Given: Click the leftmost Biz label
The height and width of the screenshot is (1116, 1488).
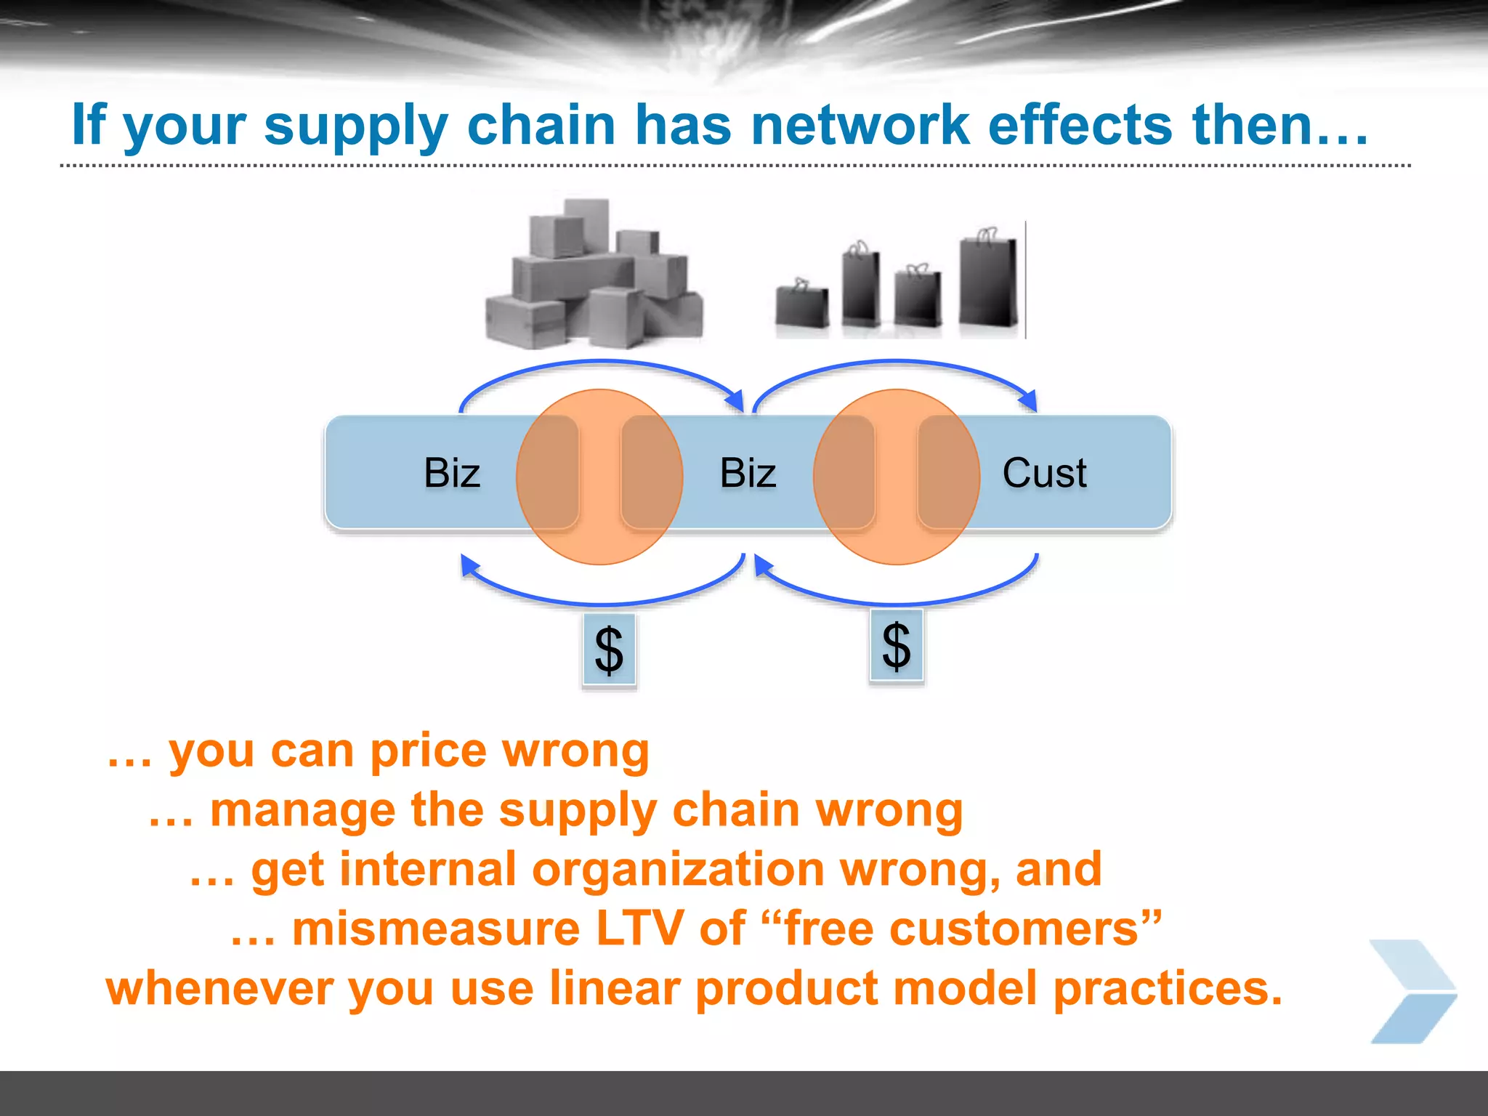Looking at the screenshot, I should (451, 473).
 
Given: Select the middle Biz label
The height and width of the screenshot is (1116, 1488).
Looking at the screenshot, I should (748, 473).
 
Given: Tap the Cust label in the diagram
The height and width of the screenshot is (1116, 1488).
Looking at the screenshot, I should (1044, 473).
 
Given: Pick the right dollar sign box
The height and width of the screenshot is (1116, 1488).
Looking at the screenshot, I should (897, 645).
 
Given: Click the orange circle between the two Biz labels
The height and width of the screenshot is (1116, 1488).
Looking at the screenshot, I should (599, 477).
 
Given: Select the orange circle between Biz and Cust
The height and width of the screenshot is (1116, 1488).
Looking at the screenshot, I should (897, 477).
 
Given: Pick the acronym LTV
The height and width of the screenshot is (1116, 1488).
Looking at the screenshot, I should (639, 929).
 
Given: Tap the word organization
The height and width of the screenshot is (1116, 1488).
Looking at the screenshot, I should (678, 870).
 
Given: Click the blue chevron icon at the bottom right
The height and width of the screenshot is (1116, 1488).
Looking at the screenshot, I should (1412, 992).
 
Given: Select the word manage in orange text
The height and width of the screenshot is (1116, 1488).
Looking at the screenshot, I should (302, 811).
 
